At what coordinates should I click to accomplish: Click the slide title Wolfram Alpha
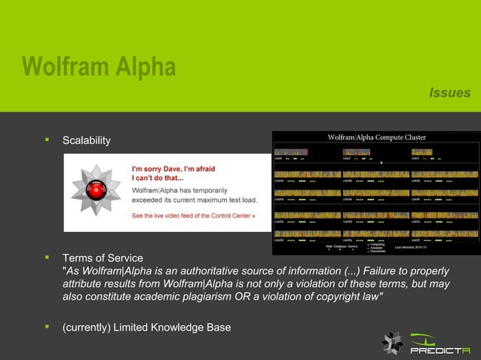tap(99, 67)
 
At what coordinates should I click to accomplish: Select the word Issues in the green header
tap(449, 93)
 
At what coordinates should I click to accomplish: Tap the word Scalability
tap(86, 141)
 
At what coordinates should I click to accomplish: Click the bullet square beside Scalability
tap(47, 140)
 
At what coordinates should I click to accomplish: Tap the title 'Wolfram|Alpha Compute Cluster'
tap(376, 137)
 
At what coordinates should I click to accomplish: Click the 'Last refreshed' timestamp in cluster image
tap(411, 246)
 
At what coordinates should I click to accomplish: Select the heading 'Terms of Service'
tap(103, 258)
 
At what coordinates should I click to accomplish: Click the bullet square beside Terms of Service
tap(47, 258)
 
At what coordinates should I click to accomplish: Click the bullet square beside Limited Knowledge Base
tap(47, 326)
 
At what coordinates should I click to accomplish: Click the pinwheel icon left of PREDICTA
tap(392, 343)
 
